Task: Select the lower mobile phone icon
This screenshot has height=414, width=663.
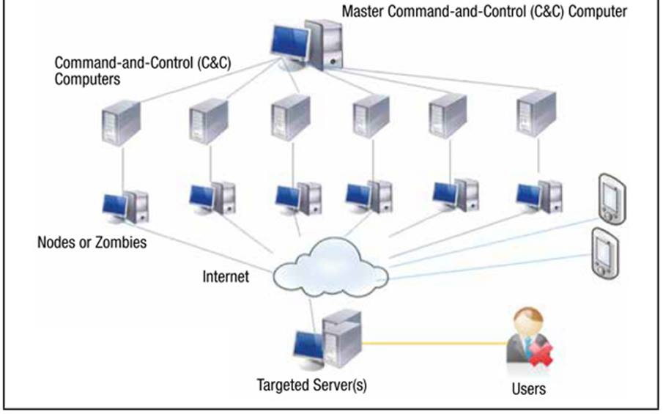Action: click(x=605, y=253)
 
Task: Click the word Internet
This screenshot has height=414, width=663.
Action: click(x=226, y=277)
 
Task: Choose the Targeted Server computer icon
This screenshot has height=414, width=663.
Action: click(x=327, y=341)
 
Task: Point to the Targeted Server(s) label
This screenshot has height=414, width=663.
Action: click(x=311, y=384)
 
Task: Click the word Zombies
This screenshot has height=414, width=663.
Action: click(x=119, y=241)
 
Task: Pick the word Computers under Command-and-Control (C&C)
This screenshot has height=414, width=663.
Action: click(x=88, y=78)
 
